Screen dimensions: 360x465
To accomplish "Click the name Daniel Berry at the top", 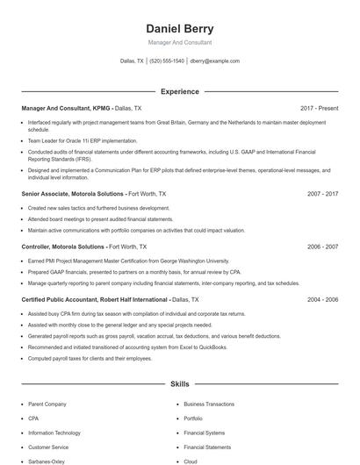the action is (179, 28).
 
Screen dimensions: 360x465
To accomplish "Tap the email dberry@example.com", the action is (214, 61).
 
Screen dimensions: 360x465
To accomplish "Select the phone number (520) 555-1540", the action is (167, 61).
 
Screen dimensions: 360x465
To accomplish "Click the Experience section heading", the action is (179, 91).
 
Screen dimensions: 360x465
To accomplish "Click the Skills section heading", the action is (179, 384).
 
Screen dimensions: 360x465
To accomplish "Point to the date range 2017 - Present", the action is (319, 108).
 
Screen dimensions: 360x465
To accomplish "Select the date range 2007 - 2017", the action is (322, 193).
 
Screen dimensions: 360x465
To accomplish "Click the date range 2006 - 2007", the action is (322, 247).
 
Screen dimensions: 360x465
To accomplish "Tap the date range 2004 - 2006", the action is (322, 299).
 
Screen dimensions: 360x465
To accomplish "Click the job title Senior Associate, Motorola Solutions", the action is (73, 193).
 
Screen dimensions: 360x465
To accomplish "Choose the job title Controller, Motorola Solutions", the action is (63, 247).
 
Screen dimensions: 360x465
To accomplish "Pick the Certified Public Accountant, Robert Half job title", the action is (90, 299).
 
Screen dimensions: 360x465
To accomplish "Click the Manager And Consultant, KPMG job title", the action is (66, 108).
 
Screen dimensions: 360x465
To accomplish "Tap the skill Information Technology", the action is (54, 433).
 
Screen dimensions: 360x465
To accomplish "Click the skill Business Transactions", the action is (209, 404).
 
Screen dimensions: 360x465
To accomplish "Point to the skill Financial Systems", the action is (205, 433).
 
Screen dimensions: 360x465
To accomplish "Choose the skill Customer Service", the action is (48, 447).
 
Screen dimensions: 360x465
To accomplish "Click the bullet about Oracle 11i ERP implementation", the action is (83, 140).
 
